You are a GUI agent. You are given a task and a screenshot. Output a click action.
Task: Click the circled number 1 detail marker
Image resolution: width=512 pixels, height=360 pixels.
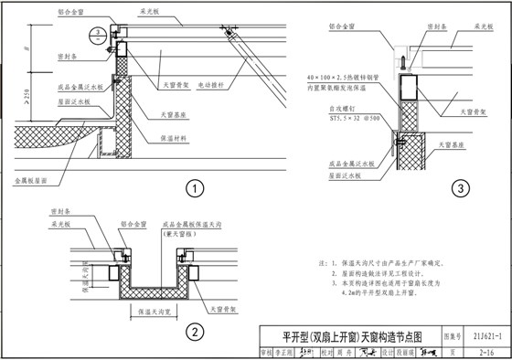[x=194, y=189]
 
